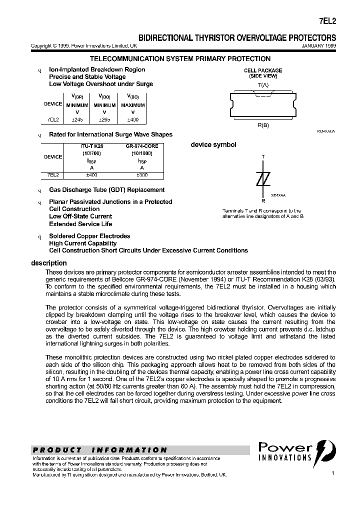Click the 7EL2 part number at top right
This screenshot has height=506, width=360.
[327, 22]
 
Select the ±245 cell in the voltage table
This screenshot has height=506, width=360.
[76, 120]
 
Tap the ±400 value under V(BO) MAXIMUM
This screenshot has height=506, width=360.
[132, 120]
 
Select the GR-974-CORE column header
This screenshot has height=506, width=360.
[142, 146]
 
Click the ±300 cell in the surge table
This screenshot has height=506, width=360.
[142, 175]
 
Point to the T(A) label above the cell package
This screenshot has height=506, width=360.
[263, 85]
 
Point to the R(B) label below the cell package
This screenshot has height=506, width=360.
[263, 125]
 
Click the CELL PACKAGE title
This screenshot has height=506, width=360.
[263, 70]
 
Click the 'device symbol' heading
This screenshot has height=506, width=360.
[213, 145]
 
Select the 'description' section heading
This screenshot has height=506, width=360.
[48, 263]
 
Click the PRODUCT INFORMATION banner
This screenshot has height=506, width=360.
[100, 450]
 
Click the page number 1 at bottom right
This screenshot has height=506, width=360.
[332, 472]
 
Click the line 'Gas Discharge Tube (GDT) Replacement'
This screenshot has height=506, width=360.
[106, 190]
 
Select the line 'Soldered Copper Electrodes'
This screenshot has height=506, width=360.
[89, 236]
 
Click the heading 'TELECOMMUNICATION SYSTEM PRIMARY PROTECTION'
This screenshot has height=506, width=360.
[179, 59]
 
